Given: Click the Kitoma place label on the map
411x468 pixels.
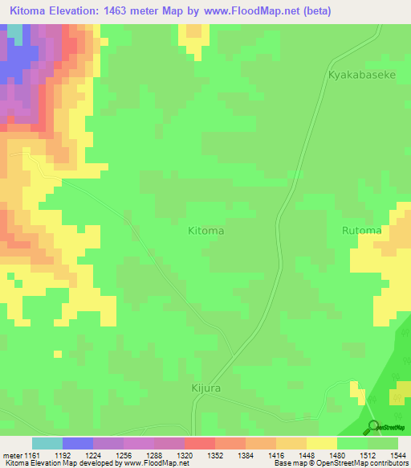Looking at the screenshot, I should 205,231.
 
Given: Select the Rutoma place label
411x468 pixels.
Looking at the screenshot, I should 361,231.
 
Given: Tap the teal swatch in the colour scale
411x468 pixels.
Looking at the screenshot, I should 47,443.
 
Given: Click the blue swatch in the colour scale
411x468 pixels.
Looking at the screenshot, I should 78,443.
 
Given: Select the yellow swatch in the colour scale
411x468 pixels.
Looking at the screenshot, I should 322,443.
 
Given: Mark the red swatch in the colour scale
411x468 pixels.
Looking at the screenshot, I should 200,443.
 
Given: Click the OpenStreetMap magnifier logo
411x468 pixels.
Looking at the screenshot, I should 372,426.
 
